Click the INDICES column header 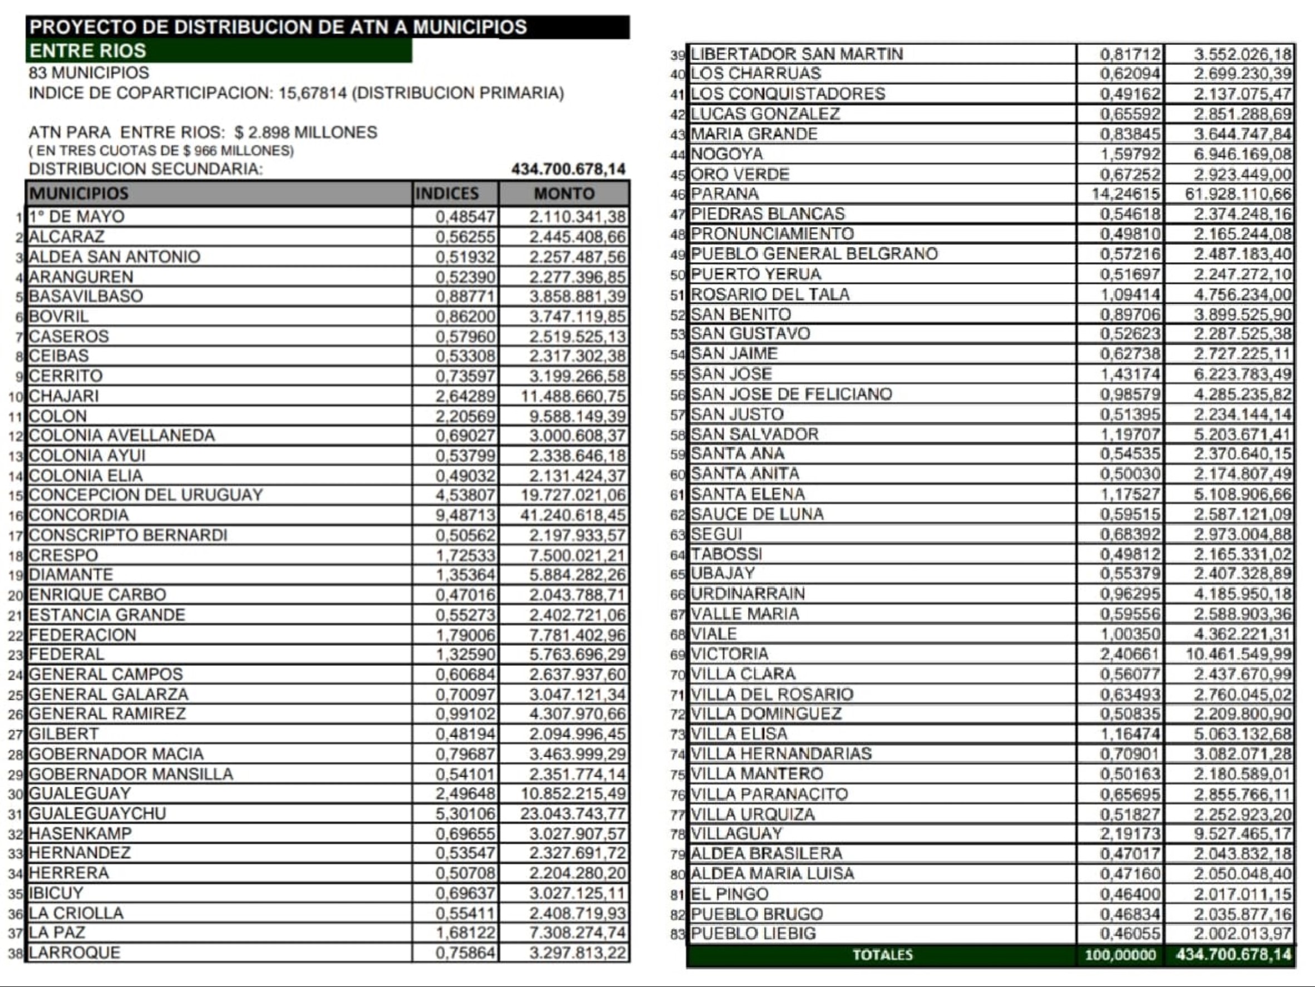(447, 194)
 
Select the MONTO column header (563, 194)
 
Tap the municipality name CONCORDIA (79, 515)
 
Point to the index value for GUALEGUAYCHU (465, 813)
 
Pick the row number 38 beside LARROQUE (16, 954)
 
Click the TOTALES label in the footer (882, 955)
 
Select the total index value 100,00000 (1120, 955)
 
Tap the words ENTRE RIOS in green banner (88, 51)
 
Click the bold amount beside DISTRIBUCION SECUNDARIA (568, 170)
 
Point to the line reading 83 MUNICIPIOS (89, 73)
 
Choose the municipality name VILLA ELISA (739, 734)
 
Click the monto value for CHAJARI (573, 396)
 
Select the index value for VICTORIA (1130, 654)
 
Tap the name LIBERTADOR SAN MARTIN (797, 54)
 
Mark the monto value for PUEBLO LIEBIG (1243, 934)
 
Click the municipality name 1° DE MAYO (77, 216)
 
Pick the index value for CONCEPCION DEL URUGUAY (465, 495)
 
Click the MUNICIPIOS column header (78, 194)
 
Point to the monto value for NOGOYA (1243, 155)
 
